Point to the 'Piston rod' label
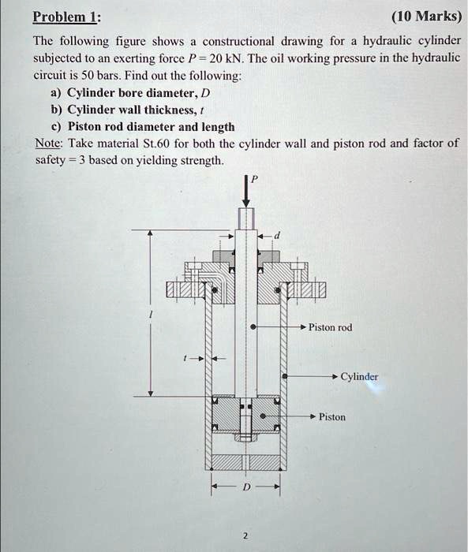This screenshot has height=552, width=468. (x=330, y=327)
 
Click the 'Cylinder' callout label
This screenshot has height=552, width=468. (x=359, y=377)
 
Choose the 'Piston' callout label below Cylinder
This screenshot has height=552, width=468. (x=332, y=416)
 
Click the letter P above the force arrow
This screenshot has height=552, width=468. (x=253, y=180)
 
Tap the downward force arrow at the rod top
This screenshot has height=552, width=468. (x=245, y=195)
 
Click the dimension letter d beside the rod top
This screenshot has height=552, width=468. (x=276, y=236)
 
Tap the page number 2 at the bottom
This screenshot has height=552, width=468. (x=245, y=536)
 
